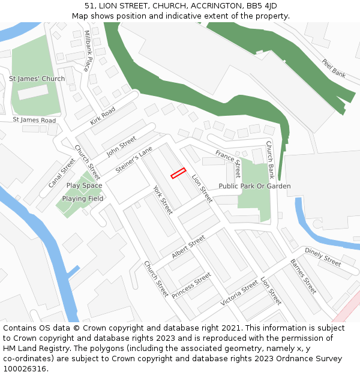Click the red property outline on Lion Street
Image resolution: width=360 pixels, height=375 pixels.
(x=178, y=173)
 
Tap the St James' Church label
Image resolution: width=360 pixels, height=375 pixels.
(x=37, y=79)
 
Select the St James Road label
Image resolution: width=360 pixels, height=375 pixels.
(x=34, y=120)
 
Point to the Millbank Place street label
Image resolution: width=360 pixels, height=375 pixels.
(x=88, y=51)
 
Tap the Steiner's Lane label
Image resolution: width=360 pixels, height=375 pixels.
(x=134, y=160)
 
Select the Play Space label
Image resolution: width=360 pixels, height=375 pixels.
(x=84, y=185)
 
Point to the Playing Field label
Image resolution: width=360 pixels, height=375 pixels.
(x=83, y=199)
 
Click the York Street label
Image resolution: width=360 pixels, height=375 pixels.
(x=163, y=200)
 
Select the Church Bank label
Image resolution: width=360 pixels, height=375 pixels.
(x=270, y=160)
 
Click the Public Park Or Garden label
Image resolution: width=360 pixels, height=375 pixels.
(x=254, y=186)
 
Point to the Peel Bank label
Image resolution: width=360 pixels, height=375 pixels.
(x=334, y=68)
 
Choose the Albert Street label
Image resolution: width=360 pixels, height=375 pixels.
(x=188, y=247)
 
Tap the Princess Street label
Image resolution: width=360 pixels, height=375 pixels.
(x=191, y=285)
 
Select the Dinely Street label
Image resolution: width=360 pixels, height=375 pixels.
(x=323, y=257)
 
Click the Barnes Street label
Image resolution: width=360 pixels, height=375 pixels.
(x=303, y=277)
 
